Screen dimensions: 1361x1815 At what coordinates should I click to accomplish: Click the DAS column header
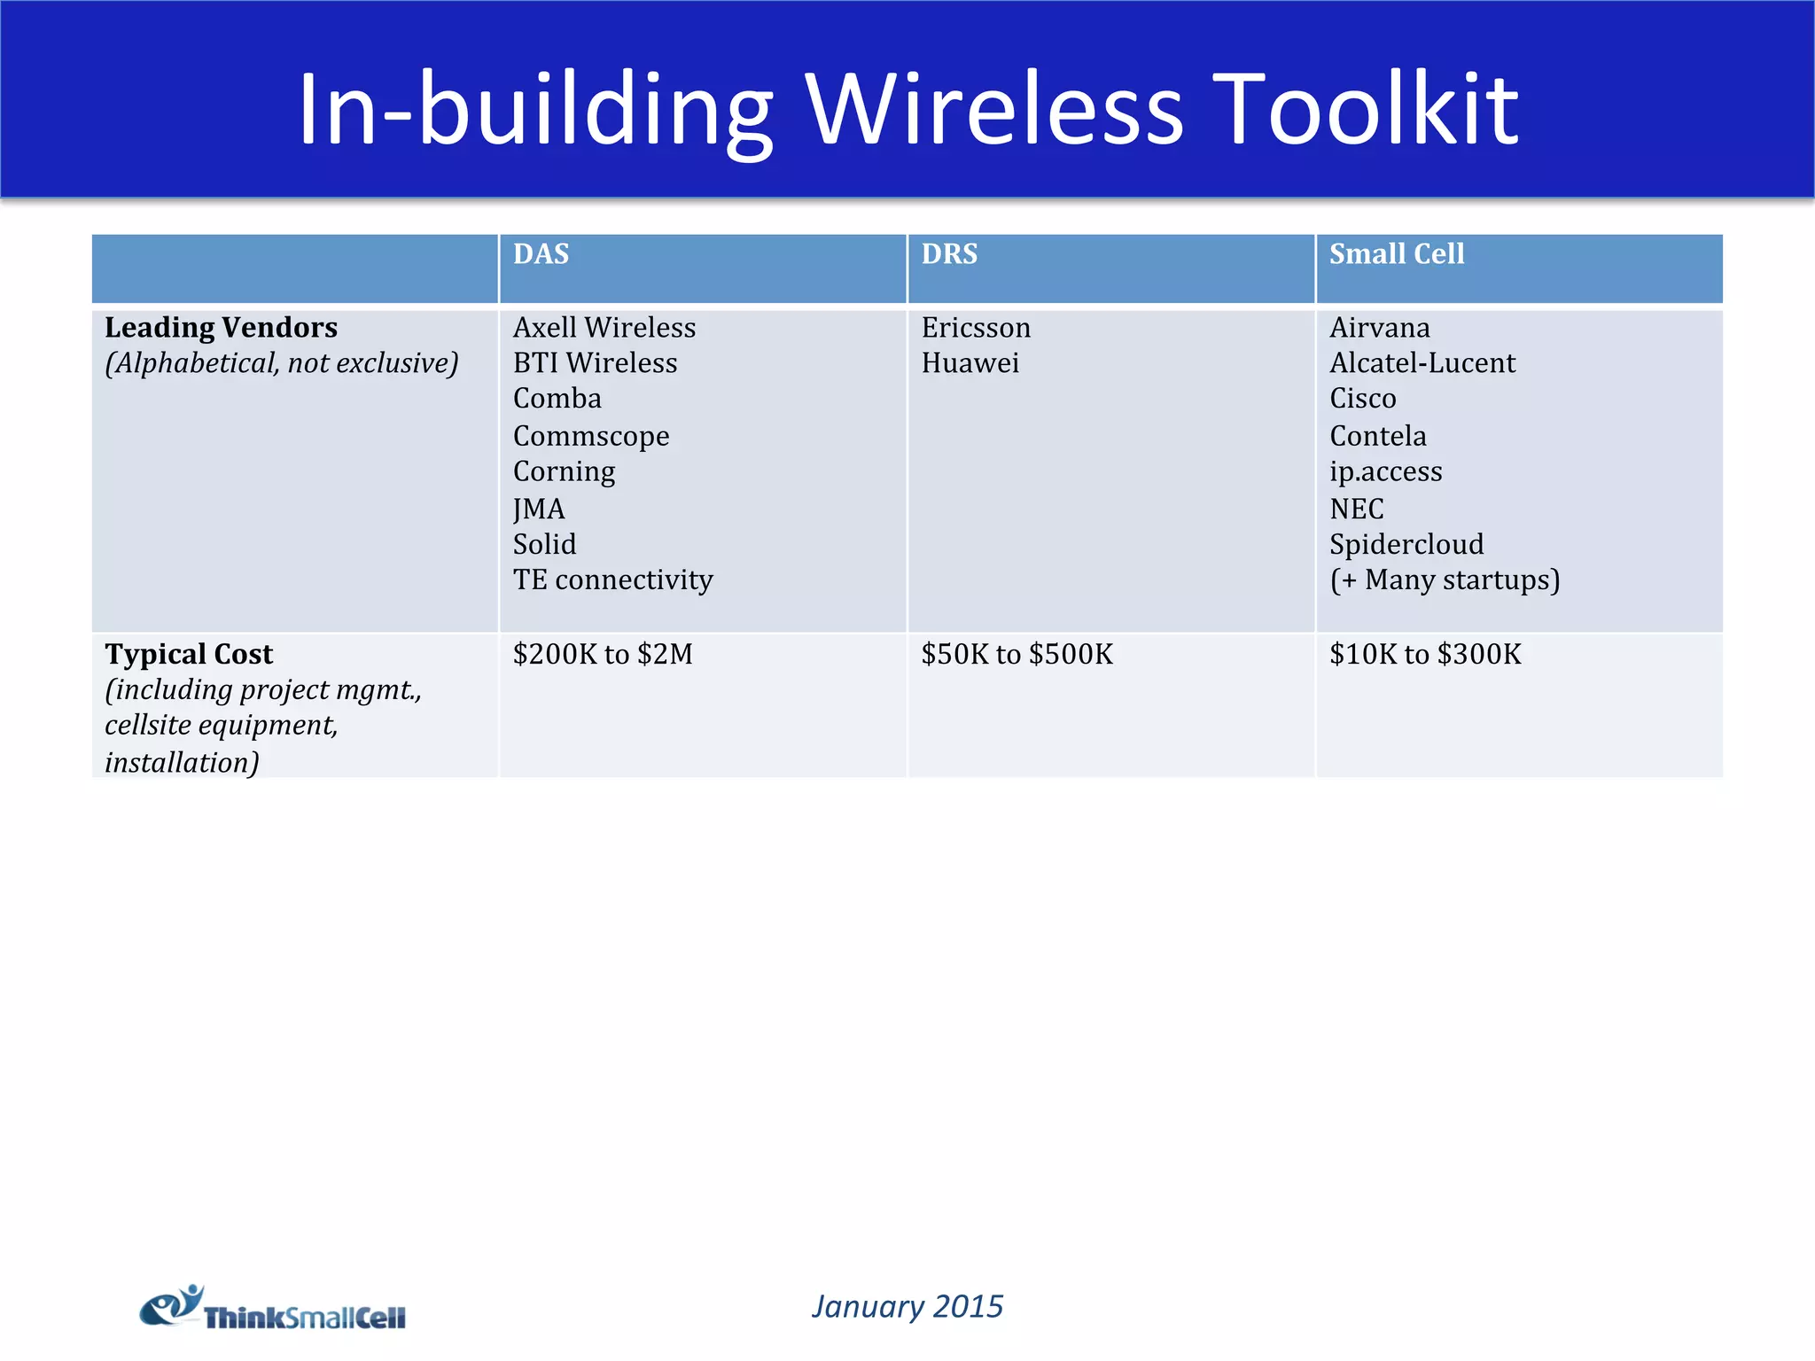coord(541,254)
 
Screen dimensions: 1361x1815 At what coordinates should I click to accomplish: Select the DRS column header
coord(949,254)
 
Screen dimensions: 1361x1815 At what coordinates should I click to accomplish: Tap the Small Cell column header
coord(1397,254)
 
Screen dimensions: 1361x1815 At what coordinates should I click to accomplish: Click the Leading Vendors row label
coord(221,328)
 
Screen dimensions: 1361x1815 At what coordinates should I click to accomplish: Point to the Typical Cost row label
coord(189,654)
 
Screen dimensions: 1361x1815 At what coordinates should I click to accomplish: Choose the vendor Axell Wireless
coord(604,328)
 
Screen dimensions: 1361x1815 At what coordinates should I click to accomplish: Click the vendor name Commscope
coord(591,436)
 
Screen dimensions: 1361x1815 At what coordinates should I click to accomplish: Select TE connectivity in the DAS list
coord(612,579)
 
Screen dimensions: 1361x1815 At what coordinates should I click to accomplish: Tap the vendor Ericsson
coord(976,328)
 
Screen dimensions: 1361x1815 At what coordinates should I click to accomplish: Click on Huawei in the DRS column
coord(970,363)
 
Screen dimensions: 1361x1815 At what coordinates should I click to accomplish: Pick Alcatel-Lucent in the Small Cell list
coord(1422,363)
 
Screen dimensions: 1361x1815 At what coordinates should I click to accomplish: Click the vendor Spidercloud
coord(1406,544)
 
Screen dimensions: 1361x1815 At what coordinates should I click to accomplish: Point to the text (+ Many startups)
coord(1445,579)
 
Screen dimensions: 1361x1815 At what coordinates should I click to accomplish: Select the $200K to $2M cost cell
coord(603,654)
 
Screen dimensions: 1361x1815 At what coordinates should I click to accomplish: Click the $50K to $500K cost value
coord(1017,654)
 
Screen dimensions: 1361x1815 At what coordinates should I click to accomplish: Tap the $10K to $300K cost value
coord(1425,654)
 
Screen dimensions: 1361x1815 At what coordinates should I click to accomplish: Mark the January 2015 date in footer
coord(907,1306)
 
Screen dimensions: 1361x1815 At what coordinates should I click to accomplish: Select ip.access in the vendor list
coord(1385,471)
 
